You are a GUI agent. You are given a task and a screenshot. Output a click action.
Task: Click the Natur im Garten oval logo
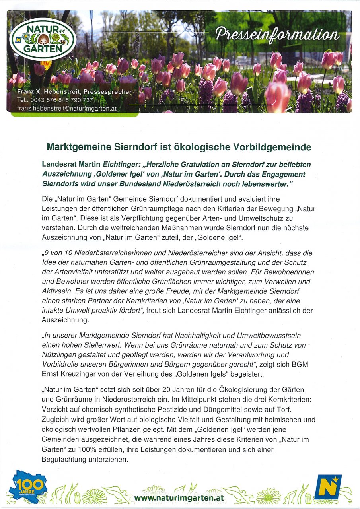pos(43,39)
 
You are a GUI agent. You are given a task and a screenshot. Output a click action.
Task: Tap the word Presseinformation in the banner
pos(277,35)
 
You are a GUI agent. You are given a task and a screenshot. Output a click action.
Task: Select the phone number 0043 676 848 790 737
pos(61,100)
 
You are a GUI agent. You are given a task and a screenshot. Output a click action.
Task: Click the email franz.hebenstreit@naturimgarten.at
pos(66,108)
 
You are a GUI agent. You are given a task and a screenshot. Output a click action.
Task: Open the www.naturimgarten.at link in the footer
pos(179,497)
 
